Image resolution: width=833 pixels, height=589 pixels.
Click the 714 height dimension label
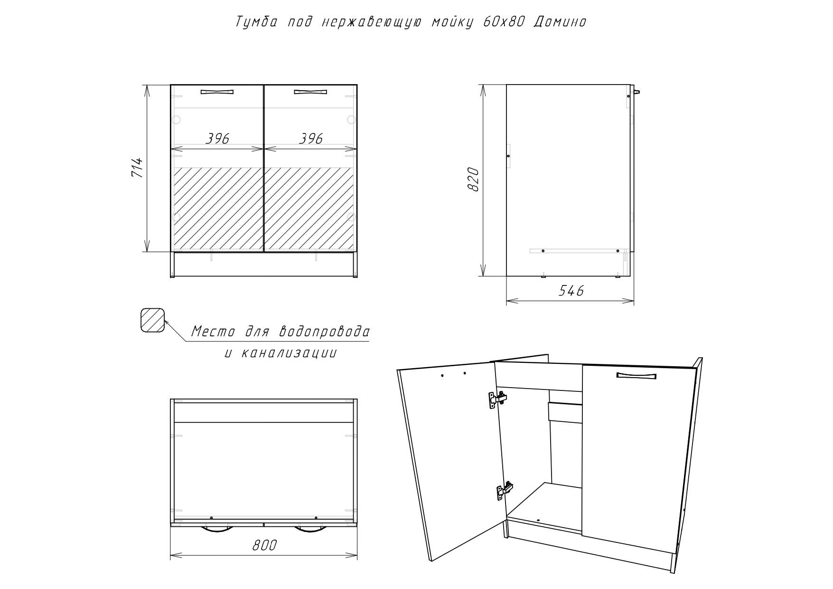click(137, 168)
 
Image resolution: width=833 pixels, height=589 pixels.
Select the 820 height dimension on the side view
click(473, 179)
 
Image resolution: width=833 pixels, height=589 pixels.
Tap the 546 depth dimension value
click(571, 291)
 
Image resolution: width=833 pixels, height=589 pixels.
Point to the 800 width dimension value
click(264, 545)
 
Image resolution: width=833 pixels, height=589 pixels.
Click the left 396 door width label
click(217, 138)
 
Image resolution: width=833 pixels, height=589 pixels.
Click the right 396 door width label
click(311, 138)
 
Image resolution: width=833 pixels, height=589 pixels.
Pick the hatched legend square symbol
click(152, 320)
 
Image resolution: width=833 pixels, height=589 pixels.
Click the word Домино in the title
click(560, 22)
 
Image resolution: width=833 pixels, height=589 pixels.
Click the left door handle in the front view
click(217, 92)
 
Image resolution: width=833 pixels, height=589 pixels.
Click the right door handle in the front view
click(311, 92)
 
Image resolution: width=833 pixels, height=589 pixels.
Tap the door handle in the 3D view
click(636, 376)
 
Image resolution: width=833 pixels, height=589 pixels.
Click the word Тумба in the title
click(257, 22)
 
